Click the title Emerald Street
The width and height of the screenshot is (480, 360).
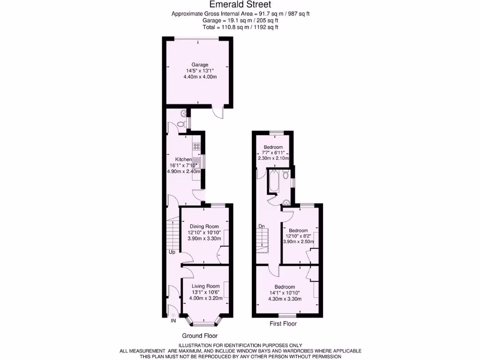click(240, 5)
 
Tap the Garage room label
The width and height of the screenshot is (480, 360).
click(199, 65)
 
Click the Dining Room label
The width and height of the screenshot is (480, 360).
click(204, 226)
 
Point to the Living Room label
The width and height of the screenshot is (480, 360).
click(206, 286)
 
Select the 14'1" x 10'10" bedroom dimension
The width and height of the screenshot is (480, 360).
click(285, 293)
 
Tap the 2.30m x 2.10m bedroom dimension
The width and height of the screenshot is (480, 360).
click(272, 158)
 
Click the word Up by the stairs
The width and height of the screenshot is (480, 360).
click(172, 252)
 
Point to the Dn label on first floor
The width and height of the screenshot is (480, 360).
click(262, 226)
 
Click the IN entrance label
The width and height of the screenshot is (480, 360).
click(173, 321)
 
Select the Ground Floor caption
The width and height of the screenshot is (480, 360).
click(200, 336)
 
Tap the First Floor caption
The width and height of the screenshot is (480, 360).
click(283, 323)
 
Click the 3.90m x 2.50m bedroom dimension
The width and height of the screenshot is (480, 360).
click(298, 242)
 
